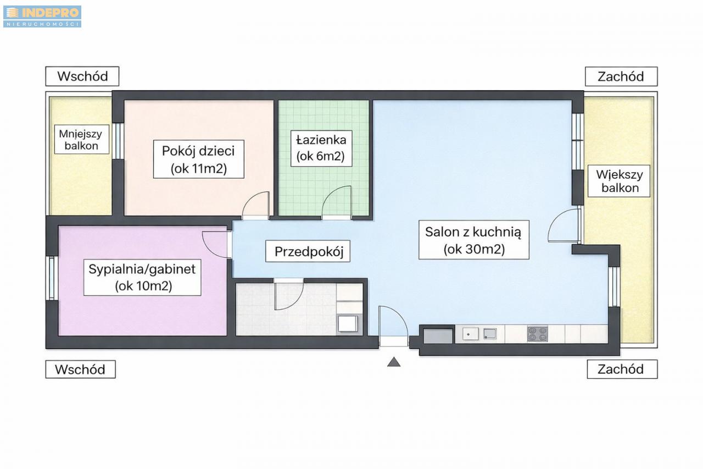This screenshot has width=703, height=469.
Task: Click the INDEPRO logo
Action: [x=42, y=16]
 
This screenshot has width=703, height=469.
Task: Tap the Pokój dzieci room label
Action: [x=199, y=159]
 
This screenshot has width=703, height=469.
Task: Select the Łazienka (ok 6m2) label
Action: [x=321, y=148]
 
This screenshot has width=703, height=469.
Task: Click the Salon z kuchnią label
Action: [x=474, y=240]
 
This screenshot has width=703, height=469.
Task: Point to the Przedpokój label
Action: [x=308, y=251]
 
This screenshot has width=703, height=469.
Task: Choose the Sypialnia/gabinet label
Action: [x=142, y=277]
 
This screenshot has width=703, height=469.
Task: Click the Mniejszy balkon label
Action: [x=82, y=139]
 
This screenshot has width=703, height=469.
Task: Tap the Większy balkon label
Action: [x=619, y=181]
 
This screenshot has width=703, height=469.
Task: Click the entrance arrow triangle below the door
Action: [x=394, y=362]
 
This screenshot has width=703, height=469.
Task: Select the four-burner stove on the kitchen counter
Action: [x=538, y=334]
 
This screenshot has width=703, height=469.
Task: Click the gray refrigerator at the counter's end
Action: [x=438, y=336]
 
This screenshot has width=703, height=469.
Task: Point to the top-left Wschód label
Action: [x=82, y=76]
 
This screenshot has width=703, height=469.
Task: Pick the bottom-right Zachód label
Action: [x=622, y=369]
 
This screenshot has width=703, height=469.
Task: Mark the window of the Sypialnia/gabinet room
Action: [x=52, y=278]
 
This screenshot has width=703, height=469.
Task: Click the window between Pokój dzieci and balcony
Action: [x=118, y=141]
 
